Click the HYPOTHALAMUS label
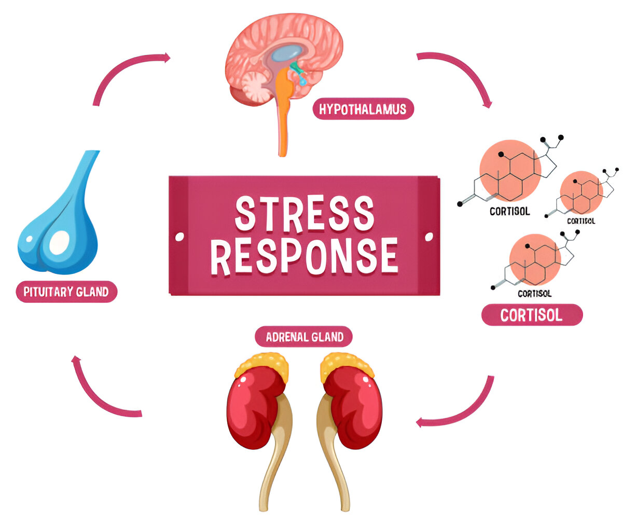coord(363,109)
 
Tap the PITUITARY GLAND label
coord(66,292)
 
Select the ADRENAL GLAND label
coord(304,337)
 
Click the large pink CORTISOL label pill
coord(531,315)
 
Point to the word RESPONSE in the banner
coord(305,256)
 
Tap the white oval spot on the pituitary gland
coord(59,242)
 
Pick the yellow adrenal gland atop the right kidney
coord(346,364)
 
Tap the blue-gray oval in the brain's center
coord(288,52)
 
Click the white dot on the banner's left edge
coord(180,237)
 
